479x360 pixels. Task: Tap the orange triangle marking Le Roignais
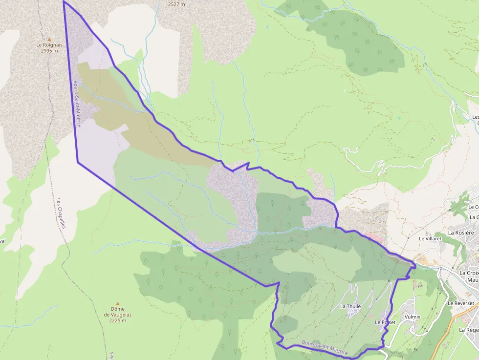click(x=49, y=39)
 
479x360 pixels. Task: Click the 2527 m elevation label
click(x=176, y=4)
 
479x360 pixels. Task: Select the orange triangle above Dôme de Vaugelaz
click(x=117, y=303)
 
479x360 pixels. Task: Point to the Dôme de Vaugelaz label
click(x=117, y=312)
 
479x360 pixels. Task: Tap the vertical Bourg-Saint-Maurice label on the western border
click(x=77, y=104)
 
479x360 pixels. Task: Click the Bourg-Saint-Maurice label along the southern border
click(x=325, y=348)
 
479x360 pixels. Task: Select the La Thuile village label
click(x=350, y=306)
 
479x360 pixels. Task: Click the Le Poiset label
click(x=385, y=322)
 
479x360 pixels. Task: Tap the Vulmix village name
click(x=413, y=317)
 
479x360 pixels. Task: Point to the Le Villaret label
click(x=430, y=239)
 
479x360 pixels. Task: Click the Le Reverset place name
click(x=460, y=303)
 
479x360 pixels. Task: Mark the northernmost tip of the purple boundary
click(x=64, y=1)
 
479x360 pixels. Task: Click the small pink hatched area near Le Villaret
click(x=375, y=238)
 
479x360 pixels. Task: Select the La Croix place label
click(x=469, y=273)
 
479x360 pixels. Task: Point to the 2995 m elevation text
click(x=49, y=50)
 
